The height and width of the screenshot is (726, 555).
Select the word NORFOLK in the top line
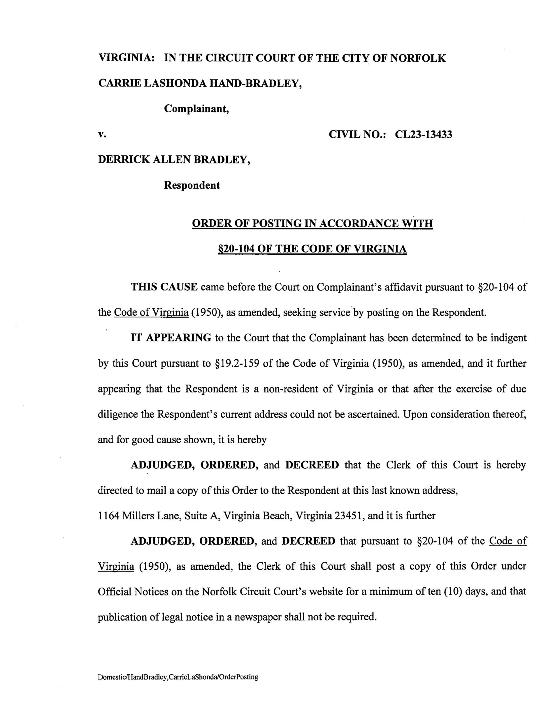pyautogui.click(x=418, y=58)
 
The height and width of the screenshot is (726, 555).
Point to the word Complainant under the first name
pyautogui.click(x=197, y=109)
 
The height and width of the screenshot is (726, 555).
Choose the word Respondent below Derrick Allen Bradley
pyautogui.click(x=192, y=185)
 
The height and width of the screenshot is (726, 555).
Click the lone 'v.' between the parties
pyautogui.click(x=102, y=135)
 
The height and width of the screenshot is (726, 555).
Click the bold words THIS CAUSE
pyautogui.click(x=164, y=287)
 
